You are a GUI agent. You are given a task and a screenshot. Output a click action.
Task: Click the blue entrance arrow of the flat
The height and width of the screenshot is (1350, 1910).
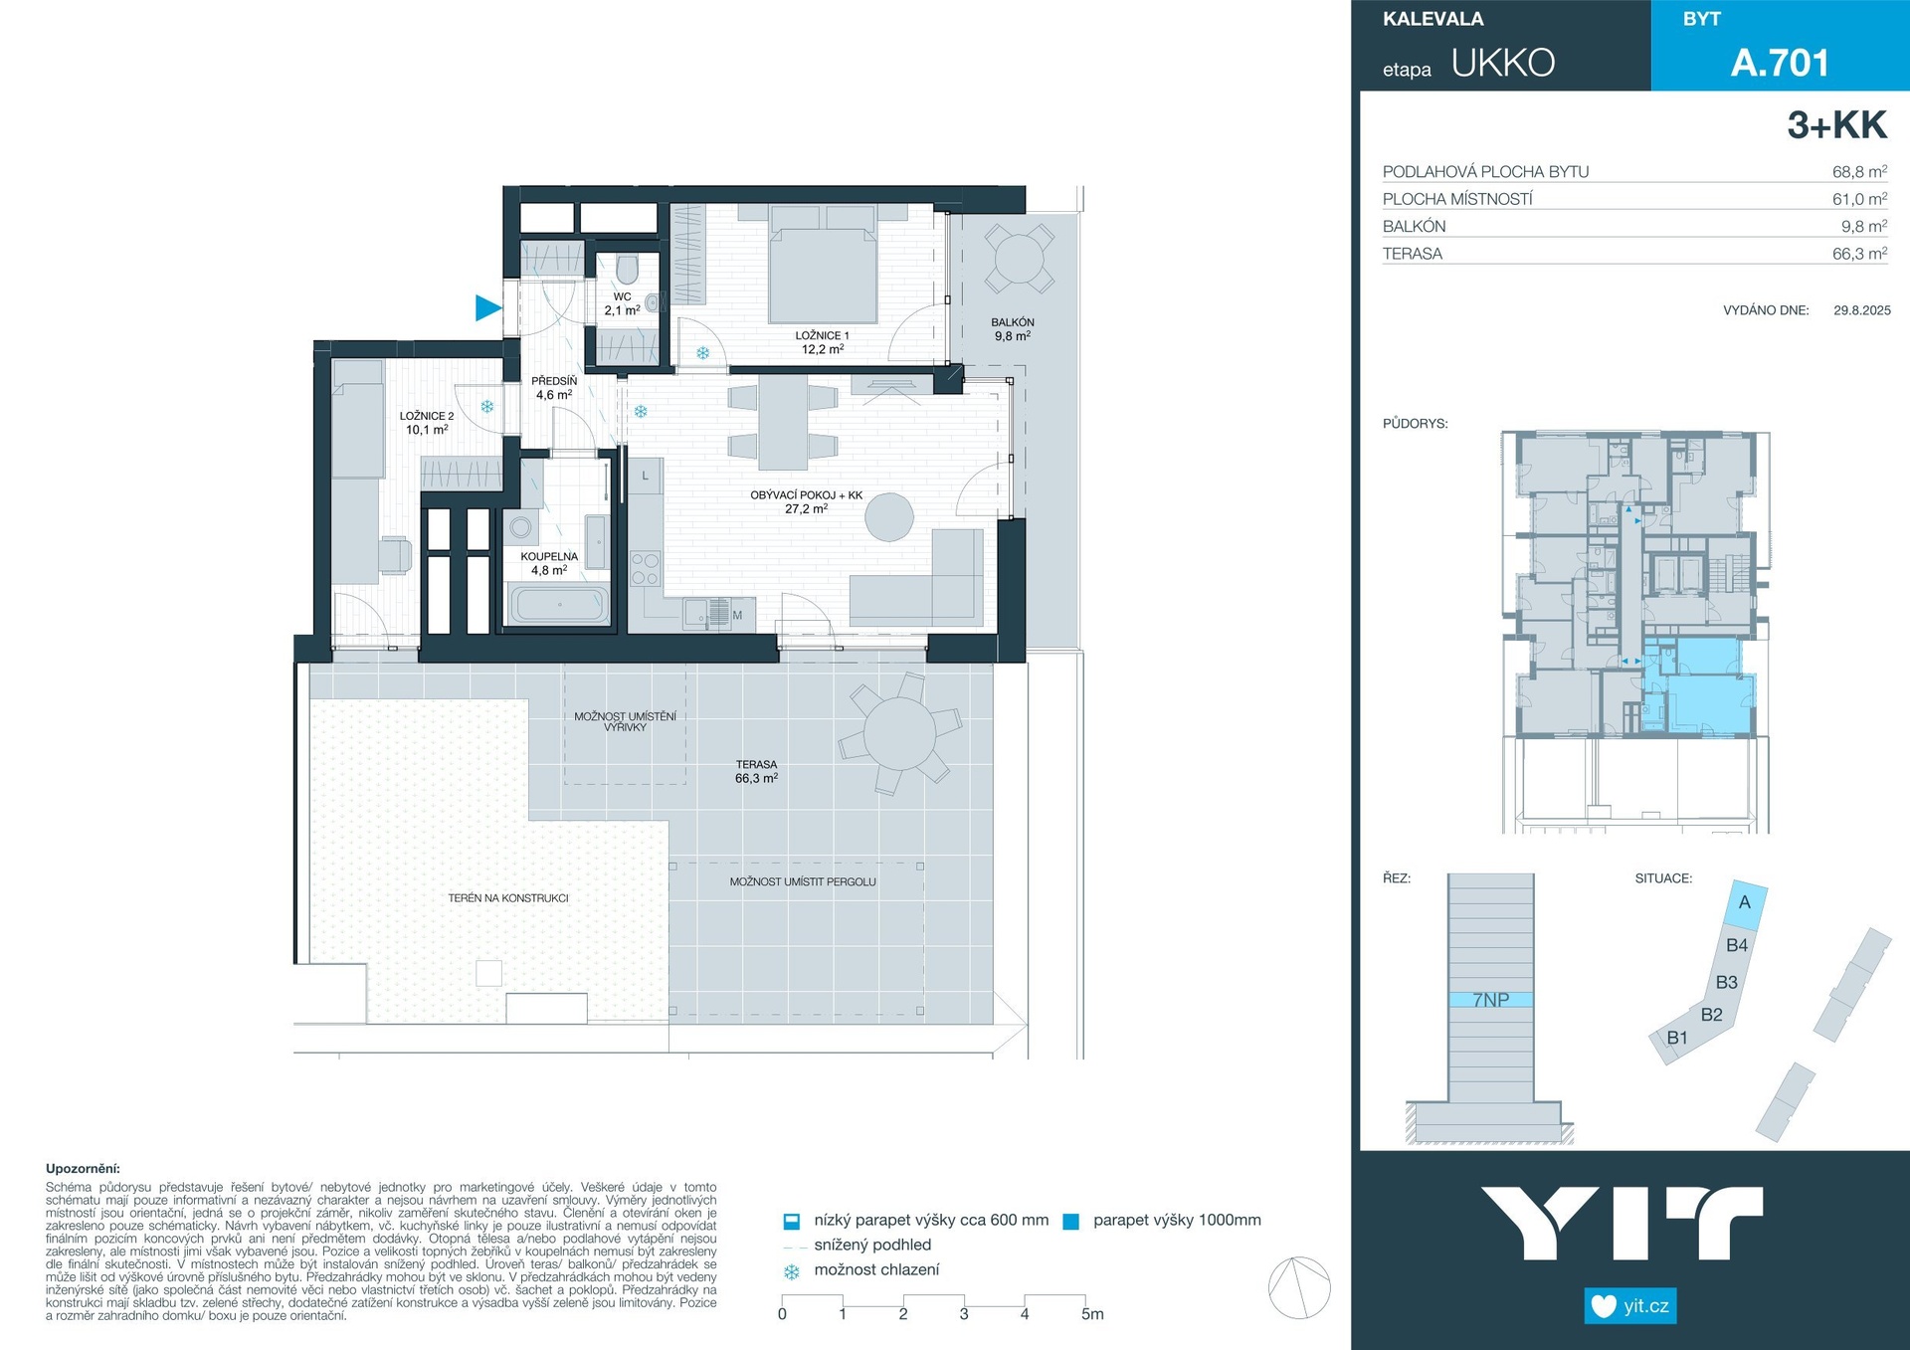[486, 308]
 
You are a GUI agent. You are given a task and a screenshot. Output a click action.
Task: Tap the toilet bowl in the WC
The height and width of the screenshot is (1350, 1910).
[627, 269]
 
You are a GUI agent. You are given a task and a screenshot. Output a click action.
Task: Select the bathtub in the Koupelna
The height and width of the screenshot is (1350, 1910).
[559, 604]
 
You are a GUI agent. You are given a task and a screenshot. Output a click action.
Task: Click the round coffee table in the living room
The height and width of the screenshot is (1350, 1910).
[888, 517]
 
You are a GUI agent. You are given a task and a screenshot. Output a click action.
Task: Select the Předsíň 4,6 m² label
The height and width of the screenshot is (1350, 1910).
[554, 388]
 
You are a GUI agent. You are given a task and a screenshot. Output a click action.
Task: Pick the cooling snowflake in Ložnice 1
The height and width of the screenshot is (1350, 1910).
[703, 353]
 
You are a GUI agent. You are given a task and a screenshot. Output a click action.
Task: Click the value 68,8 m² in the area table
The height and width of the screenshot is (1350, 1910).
[1859, 171]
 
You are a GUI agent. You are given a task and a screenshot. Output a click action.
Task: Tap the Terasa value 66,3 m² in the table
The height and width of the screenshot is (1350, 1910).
[1859, 254]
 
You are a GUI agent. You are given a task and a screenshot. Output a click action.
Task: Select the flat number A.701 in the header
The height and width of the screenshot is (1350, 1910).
[1780, 63]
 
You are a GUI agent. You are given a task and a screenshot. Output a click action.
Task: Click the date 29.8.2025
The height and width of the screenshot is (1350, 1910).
[1862, 310]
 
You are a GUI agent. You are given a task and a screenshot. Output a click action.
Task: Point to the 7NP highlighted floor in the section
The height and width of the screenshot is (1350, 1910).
[1490, 1000]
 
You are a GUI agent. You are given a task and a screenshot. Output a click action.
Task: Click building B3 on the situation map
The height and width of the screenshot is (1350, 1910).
[1727, 982]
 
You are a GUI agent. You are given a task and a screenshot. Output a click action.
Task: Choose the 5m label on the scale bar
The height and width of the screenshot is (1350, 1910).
[1092, 1314]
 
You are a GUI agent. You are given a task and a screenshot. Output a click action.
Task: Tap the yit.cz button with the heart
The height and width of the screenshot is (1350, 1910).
[1630, 1306]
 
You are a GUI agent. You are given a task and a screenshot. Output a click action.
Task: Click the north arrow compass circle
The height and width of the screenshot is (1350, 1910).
[1299, 1287]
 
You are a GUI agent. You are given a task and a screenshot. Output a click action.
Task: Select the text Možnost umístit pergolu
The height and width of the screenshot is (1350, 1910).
[803, 881]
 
